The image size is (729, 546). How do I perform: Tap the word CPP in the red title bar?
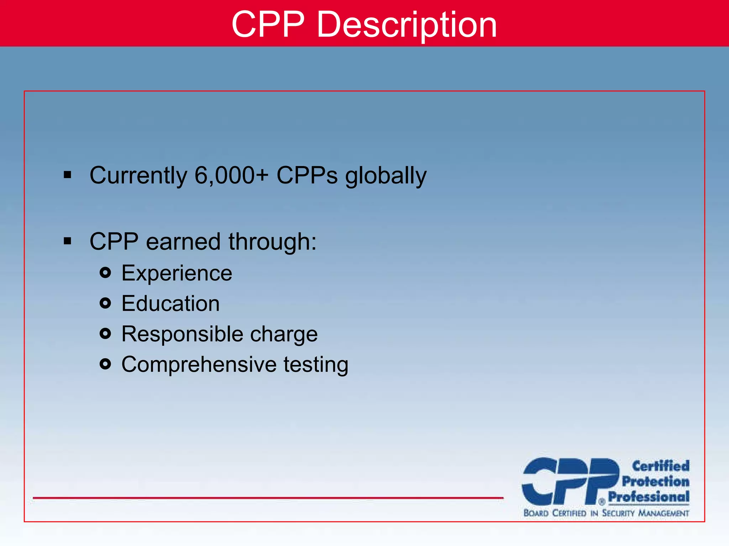click(x=268, y=24)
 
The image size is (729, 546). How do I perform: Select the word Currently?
click(x=138, y=176)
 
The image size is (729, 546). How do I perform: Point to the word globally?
click(x=386, y=176)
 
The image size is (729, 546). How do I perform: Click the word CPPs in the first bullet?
click(x=307, y=175)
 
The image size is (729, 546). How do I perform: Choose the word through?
click(x=272, y=242)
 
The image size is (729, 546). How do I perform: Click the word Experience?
click(x=177, y=273)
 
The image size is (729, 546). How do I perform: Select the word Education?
click(x=171, y=304)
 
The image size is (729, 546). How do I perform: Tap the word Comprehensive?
click(x=199, y=364)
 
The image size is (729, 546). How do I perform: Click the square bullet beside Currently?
click(x=67, y=175)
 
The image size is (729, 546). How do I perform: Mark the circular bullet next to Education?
click(x=105, y=303)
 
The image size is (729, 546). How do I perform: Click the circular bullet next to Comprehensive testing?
click(x=105, y=364)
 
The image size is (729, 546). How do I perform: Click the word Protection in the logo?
click(x=655, y=481)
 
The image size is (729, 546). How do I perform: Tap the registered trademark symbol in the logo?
click(x=602, y=502)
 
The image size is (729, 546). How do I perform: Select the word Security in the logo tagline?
click(x=618, y=513)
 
